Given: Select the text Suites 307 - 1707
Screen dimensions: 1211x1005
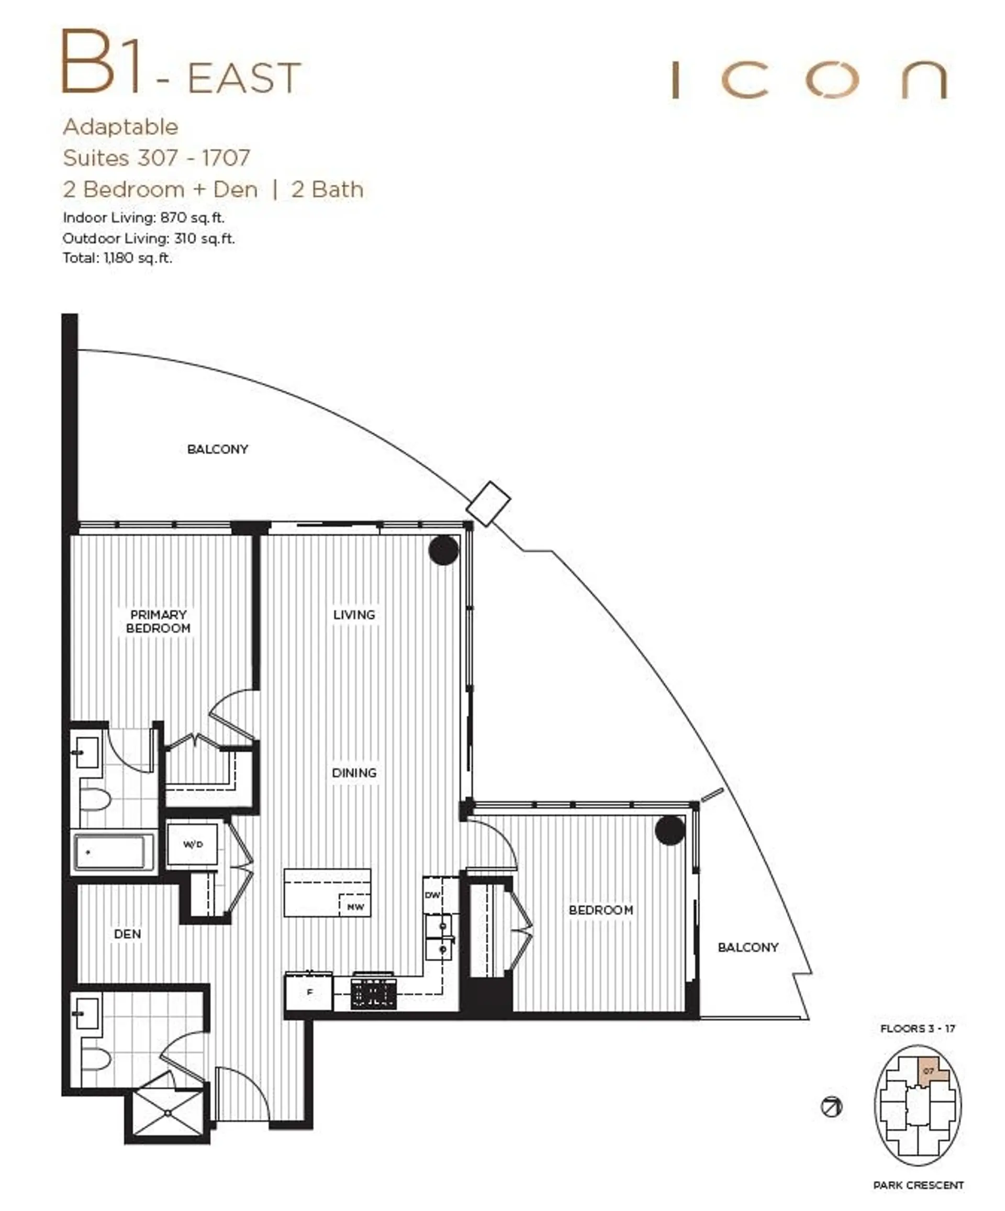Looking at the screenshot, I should coord(157,158).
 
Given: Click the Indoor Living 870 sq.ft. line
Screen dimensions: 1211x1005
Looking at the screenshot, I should coord(143,217).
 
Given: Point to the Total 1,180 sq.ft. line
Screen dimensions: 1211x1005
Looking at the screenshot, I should coord(117,258).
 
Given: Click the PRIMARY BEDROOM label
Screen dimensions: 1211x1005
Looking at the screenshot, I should coord(158,621).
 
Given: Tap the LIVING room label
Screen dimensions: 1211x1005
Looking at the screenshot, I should coord(354,615).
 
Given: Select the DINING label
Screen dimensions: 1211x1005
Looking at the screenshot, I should coord(354,773).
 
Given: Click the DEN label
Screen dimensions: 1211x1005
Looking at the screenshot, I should coord(127,934).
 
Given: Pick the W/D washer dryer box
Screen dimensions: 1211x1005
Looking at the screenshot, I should coord(193,844).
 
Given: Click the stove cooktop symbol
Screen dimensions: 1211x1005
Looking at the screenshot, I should coord(374,994).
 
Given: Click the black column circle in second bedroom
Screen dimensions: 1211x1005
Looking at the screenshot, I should coord(669,830).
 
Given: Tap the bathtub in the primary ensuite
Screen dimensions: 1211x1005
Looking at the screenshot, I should coord(113,852).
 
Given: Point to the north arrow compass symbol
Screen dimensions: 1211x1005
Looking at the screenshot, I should coord(831,1107).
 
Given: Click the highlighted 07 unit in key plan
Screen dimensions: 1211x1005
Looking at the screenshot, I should coord(928,1070).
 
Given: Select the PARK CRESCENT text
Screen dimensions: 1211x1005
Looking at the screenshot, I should coord(918,1196).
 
